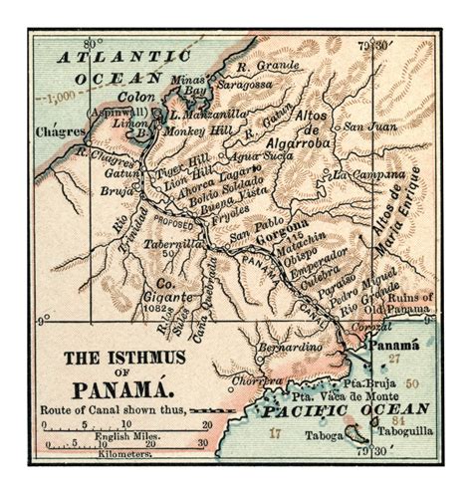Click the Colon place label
[136, 97]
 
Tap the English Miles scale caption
[116, 436]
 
